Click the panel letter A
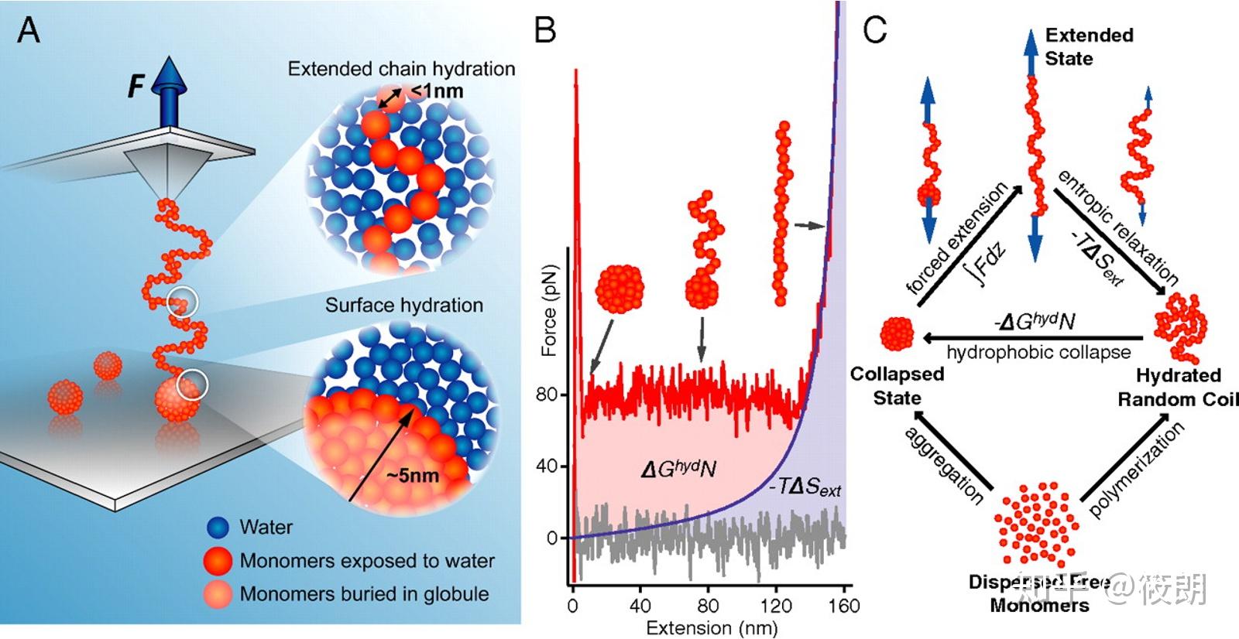click(x=29, y=30)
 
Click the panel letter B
click(x=545, y=30)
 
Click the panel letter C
click(x=874, y=30)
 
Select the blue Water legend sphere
click(x=218, y=528)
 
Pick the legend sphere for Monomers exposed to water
click(x=218, y=561)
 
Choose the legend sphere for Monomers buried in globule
click(x=218, y=594)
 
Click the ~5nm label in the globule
click(x=413, y=475)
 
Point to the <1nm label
click(x=438, y=91)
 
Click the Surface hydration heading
click(x=403, y=306)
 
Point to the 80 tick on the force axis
click(x=547, y=395)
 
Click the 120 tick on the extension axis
click(x=775, y=605)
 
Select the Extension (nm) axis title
click(x=712, y=627)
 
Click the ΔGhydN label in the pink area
click(x=678, y=469)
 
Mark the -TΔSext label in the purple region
click(x=805, y=487)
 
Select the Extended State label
click(x=1089, y=46)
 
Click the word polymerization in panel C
click(x=1136, y=470)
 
